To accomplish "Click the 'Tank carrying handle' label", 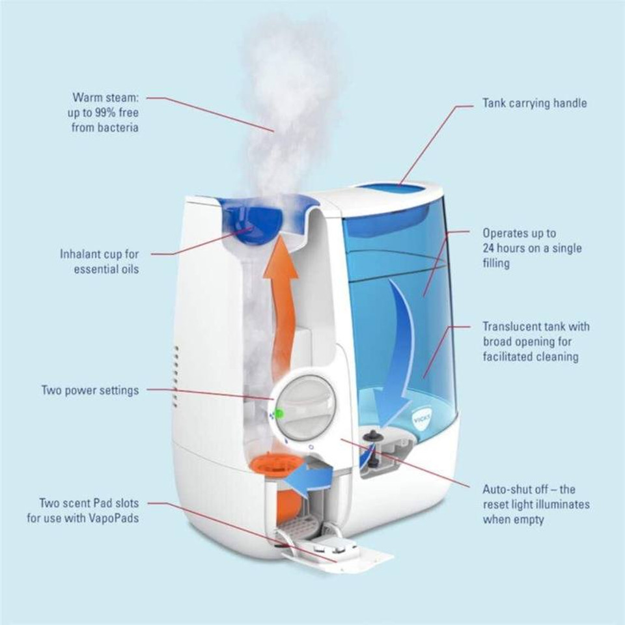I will (x=534, y=103).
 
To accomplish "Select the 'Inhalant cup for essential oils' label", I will (x=99, y=260).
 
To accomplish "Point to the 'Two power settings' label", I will (x=90, y=391).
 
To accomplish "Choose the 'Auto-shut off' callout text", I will (x=536, y=504).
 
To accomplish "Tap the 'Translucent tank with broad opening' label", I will (x=536, y=341).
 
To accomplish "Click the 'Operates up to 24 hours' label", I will (x=532, y=247).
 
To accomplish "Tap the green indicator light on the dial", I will (x=279, y=413).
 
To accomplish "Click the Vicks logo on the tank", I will (x=424, y=412).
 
